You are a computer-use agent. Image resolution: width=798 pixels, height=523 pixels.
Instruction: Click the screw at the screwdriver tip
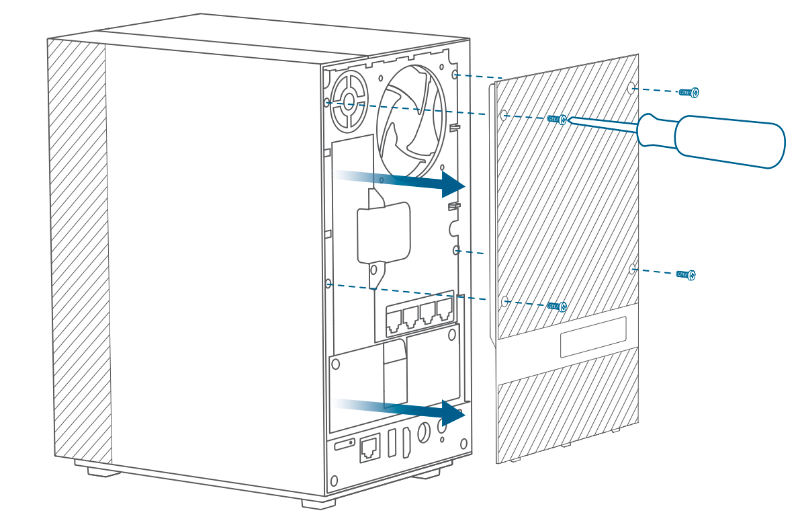(x=556, y=119)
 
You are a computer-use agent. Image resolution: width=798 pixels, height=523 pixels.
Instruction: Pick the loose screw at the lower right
(x=686, y=274)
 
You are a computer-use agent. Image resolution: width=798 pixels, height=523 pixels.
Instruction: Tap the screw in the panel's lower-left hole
(x=556, y=306)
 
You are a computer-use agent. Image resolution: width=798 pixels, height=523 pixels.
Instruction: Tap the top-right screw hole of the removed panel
(x=631, y=88)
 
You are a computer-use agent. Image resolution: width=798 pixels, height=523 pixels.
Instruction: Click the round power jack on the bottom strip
(x=424, y=433)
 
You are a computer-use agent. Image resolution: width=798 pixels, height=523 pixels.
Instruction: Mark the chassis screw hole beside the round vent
(x=327, y=102)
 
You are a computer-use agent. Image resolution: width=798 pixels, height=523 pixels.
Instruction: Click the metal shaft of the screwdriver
(x=601, y=126)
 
